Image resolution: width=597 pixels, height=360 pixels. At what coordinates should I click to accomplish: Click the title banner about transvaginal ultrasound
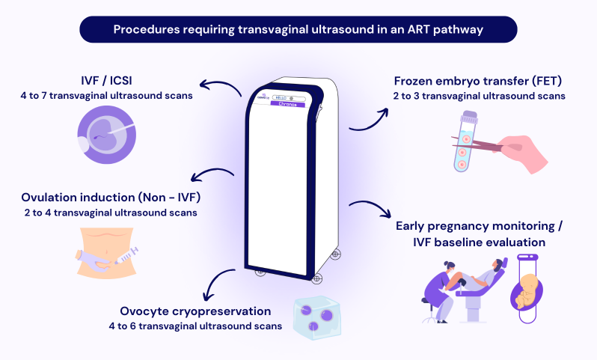(298, 30)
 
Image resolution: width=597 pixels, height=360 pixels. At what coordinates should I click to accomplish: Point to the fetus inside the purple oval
(529, 287)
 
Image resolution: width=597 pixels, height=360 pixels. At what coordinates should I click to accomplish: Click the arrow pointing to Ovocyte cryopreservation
(216, 284)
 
